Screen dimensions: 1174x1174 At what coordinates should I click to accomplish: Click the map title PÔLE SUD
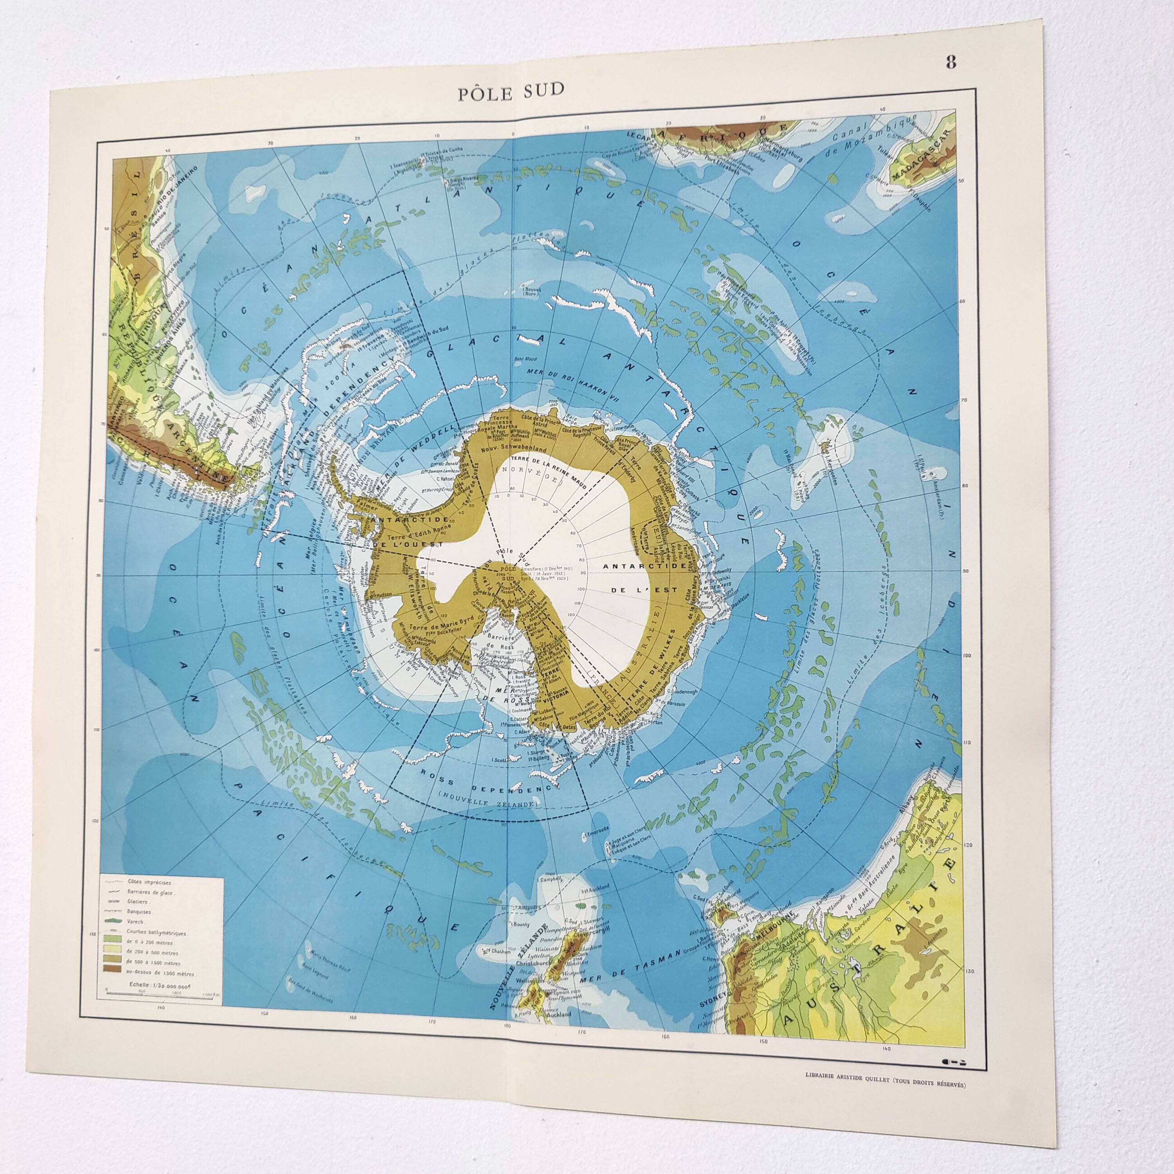pos(511,90)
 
